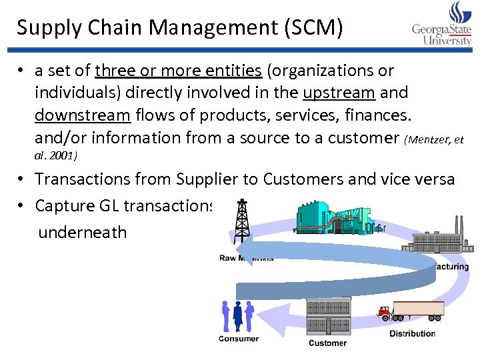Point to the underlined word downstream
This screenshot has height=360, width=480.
83,115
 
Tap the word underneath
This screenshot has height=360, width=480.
82,233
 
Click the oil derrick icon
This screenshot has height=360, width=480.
240,221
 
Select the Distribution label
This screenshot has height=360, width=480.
413,333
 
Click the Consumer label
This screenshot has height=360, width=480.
239,338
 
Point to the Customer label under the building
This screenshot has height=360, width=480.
327,343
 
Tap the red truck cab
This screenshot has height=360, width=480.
384,311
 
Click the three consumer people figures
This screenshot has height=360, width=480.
237,315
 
